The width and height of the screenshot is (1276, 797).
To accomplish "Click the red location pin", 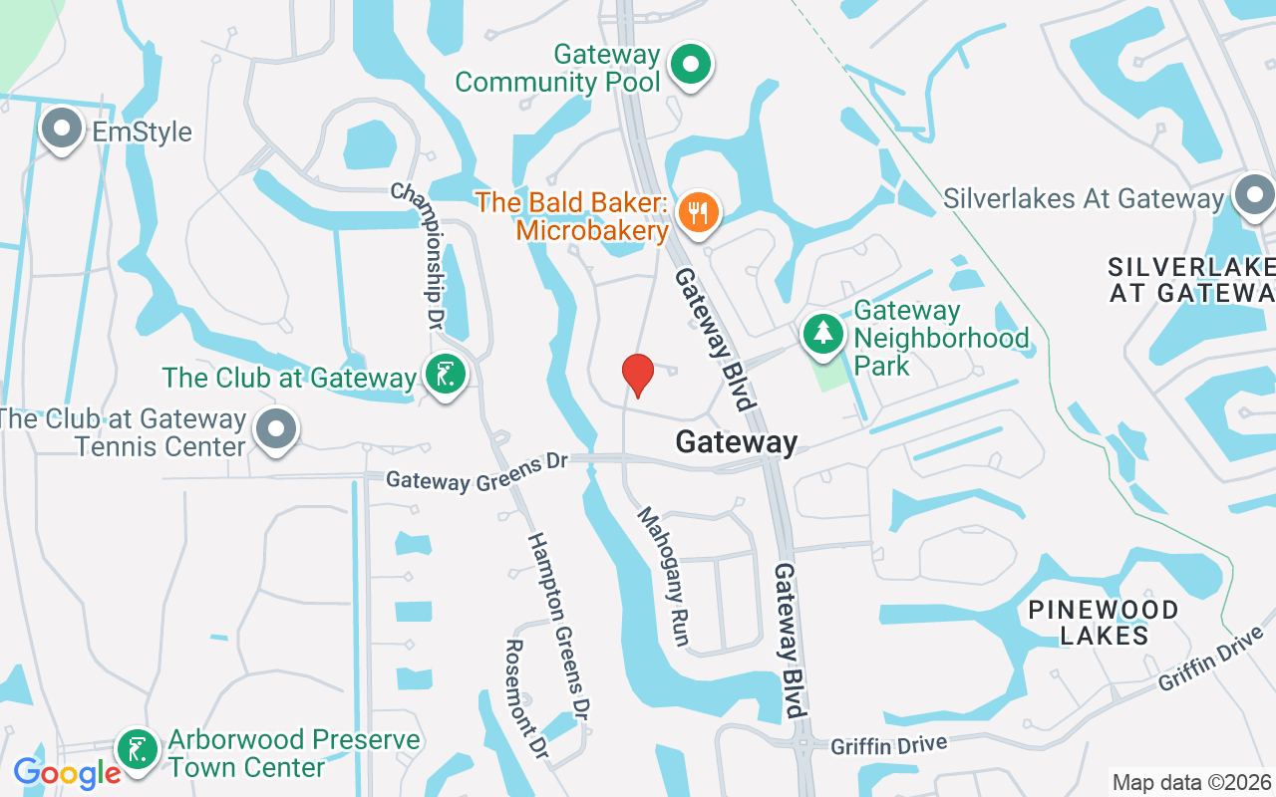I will click(637, 375).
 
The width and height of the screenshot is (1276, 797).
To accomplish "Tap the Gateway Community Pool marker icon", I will click(689, 66).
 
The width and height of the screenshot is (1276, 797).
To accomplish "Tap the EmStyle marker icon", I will click(63, 130).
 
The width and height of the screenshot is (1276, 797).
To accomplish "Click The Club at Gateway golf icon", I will click(445, 376).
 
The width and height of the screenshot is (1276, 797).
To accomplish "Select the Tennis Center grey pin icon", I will click(276, 430).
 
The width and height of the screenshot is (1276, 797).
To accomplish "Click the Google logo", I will click(67, 772).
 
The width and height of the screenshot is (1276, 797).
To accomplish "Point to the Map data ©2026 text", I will click(1191, 782).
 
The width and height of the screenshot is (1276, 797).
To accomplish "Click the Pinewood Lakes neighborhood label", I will click(1104, 622).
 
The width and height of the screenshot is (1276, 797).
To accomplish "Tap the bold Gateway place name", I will click(737, 442).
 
